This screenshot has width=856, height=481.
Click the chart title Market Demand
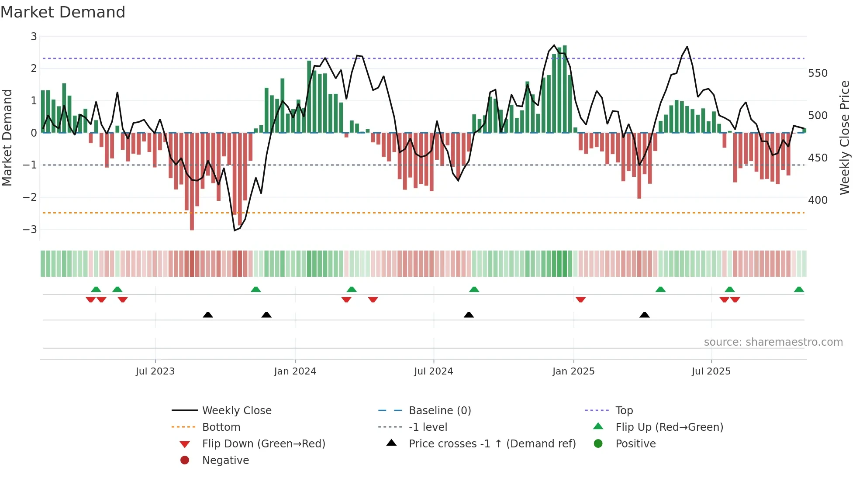[63, 12]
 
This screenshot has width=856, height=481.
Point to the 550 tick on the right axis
[818, 73]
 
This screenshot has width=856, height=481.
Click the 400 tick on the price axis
[818, 200]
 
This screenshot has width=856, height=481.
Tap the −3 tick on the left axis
[30, 229]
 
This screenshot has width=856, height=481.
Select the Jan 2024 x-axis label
[295, 371]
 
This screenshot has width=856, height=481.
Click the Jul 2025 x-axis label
[711, 371]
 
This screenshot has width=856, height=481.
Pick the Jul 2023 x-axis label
[155, 371]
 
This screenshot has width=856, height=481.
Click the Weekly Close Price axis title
[845, 137]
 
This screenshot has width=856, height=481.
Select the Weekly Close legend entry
[236, 410]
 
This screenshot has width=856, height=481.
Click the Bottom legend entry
[221, 427]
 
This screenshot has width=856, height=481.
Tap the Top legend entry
[624, 410]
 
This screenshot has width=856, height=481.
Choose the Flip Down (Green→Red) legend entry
[263, 443]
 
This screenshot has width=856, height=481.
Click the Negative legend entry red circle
[185, 460]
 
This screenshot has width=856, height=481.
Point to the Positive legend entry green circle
[598, 443]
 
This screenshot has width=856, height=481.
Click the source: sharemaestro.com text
[773, 342]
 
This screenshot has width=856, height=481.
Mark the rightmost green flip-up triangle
[799, 289]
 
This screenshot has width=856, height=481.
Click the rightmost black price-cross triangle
[644, 315]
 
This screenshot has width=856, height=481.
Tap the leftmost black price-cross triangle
[208, 315]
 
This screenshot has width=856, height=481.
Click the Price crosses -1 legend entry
[492, 443]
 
